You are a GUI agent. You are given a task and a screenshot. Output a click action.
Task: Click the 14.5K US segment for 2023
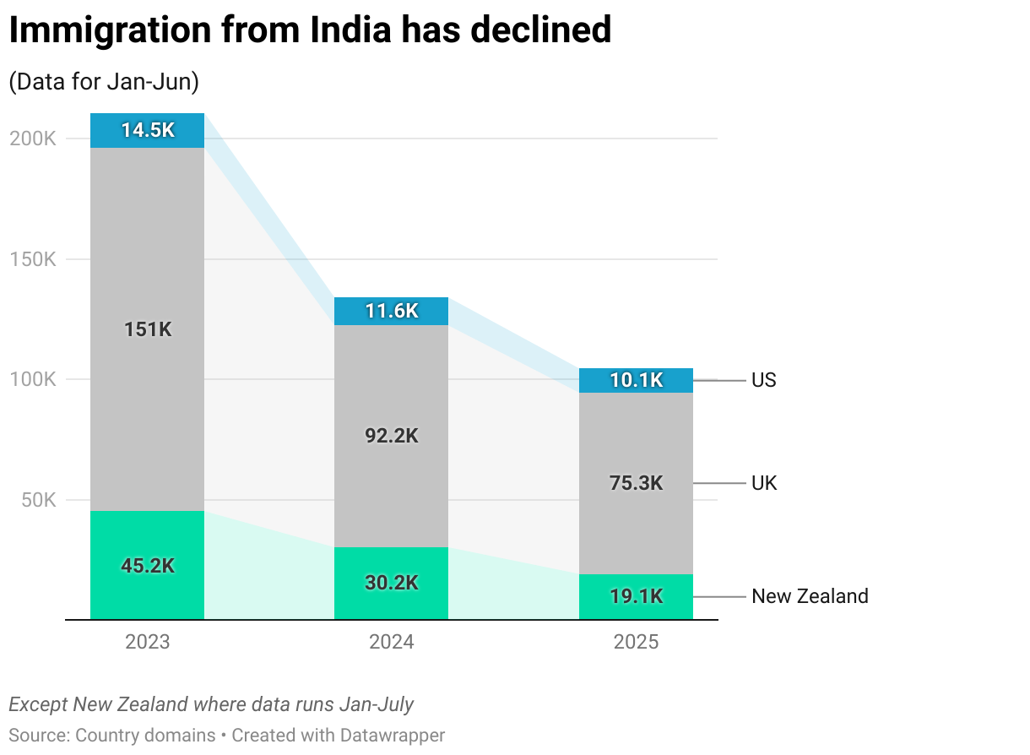click(x=147, y=130)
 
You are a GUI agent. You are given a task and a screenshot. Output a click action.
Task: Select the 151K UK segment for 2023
click(x=147, y=329)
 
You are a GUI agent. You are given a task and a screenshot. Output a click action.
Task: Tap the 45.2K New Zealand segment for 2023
click(x=147, y=565)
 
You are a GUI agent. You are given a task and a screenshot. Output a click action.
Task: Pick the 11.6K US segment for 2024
click(x=391, y=311)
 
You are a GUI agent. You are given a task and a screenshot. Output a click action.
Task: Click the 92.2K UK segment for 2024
click(x=391, y=436)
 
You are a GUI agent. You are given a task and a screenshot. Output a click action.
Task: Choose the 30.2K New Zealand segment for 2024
click(x=391, y=583)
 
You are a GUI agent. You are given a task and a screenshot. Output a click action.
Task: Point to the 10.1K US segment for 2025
click(x=636, y=380)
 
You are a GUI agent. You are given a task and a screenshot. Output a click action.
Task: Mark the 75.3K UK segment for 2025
click(x=636, y=483)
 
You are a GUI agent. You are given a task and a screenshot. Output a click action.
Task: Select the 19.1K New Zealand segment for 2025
click(x=636, y=596)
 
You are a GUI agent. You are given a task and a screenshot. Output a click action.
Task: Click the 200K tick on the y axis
click(x=33, y=139)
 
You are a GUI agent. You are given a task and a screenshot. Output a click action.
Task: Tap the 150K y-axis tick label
click(x=33, y=259)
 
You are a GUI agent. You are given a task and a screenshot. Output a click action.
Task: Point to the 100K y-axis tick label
click(x=33, y=379)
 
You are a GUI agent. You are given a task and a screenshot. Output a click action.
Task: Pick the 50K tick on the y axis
click(x=38, y=500)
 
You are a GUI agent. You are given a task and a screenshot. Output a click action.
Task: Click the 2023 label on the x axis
click(x=147, y=642)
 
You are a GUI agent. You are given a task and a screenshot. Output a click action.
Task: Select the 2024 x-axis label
click(x=391, y=642)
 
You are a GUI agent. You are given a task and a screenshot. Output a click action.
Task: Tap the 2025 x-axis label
click(x=636, y=642)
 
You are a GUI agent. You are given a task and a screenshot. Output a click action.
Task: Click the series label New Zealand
click(x=809, y=596)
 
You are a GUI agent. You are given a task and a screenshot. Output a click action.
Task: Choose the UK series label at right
click(x=764, y=483)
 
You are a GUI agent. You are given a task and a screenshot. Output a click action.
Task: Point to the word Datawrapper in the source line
click(x=392, y=735)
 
